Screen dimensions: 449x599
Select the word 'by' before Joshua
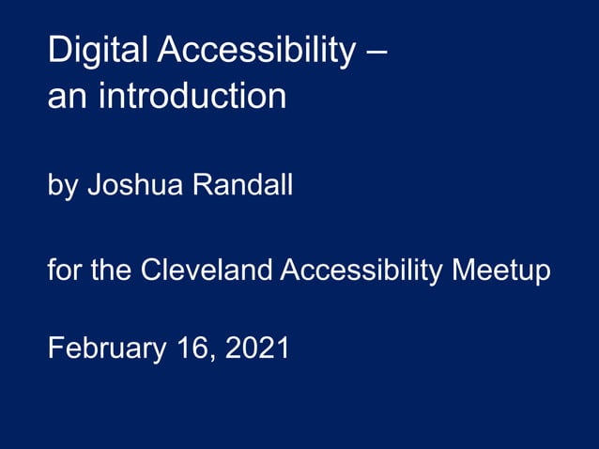point(63,186)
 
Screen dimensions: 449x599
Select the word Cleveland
point(207,271)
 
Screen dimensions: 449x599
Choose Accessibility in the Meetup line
point(361,271)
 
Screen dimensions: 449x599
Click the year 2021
point(258,348)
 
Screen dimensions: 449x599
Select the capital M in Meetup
point(463,271)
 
